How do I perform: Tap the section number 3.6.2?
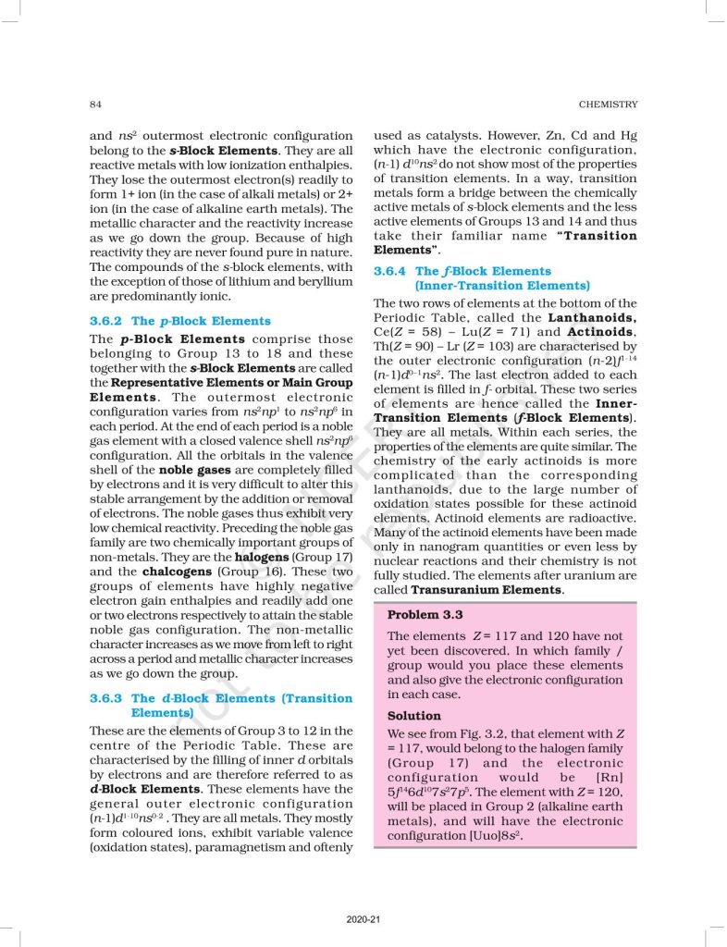pos(106,321)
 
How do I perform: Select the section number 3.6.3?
pos(106,698)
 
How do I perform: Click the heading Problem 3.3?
pos(425,615)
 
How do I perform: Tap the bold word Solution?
pos(413,716)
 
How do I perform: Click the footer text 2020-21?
pos(363,919)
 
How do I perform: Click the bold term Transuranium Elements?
pos(487,589)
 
